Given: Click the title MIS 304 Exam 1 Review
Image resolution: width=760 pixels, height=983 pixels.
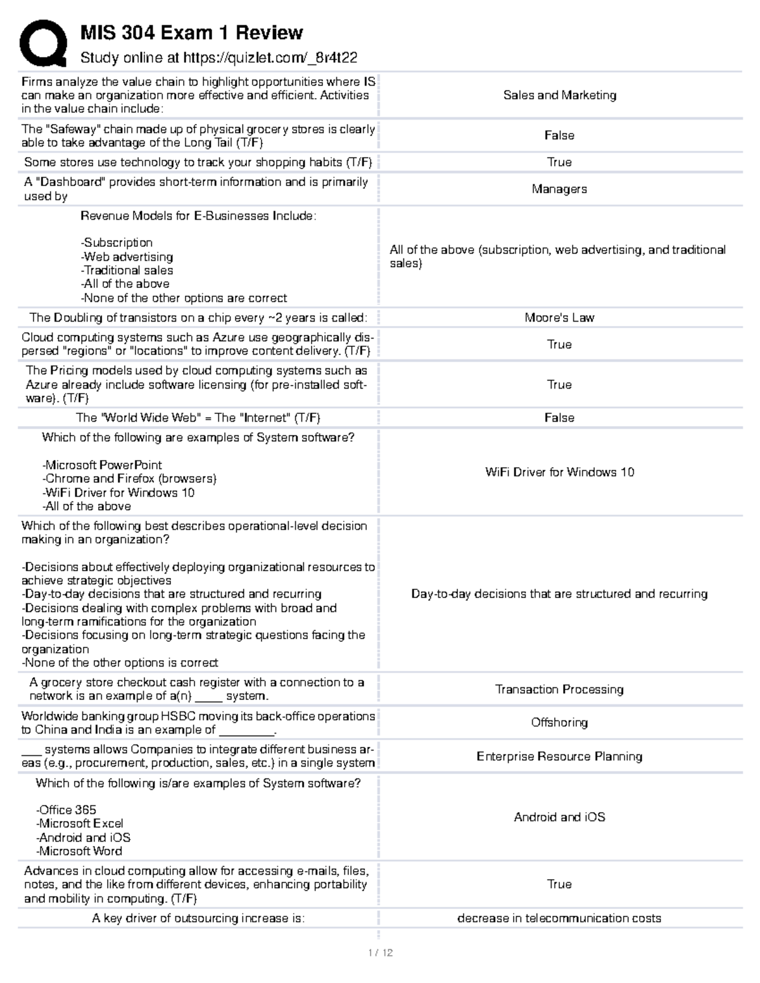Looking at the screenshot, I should (x=191, y=32).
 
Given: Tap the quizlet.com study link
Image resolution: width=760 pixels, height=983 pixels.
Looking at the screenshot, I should (x=270, y=58).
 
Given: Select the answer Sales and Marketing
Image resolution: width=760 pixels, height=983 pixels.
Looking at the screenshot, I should (x=559, y=95).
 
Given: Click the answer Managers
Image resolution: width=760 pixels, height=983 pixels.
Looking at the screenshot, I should (x=559, y=189).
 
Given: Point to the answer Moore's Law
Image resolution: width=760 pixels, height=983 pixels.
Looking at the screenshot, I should (x=559, y=318).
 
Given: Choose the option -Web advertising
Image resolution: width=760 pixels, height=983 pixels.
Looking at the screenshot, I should (x=127, y=257).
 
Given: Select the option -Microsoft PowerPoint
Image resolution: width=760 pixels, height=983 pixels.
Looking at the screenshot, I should (x=102, y=465).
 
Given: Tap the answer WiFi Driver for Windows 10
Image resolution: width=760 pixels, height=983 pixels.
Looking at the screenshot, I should (x=559, y=472).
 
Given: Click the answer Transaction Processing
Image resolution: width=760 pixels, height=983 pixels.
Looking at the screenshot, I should (x=559, y=689).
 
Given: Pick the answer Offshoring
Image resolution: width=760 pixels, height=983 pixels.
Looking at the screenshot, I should (x=559, y=722).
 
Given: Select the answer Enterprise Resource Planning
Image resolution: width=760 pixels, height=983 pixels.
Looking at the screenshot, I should (x=559, y=756).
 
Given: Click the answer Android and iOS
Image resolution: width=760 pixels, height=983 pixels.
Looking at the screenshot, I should (x=559, y=817).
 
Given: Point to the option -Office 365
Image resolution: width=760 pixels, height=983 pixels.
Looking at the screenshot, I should (x=66, y=810).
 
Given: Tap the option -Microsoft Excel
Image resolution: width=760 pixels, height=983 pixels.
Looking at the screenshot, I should (x=80, y=823).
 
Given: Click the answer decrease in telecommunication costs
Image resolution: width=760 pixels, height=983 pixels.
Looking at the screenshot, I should (x=559, y=918).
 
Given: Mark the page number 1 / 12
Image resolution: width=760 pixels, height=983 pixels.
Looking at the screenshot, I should (x=380, y=953).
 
